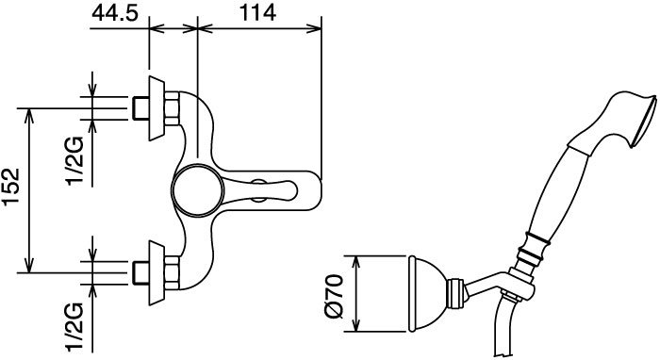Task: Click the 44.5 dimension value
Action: pyautogui.click(x=114, y=13)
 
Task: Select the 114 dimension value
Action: pyautogui.click(x=257, y=13)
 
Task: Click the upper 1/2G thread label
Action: pyautogui.click(x=74, y=161)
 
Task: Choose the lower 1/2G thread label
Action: pyautogui.click(x=74, y=327)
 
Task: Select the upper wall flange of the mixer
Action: pyautogui.click(x=157, y=108)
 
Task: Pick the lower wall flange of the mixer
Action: pyautogui.click(x=157, y=273)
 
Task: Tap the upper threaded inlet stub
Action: pyautogui.click(x=140, y=108)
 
